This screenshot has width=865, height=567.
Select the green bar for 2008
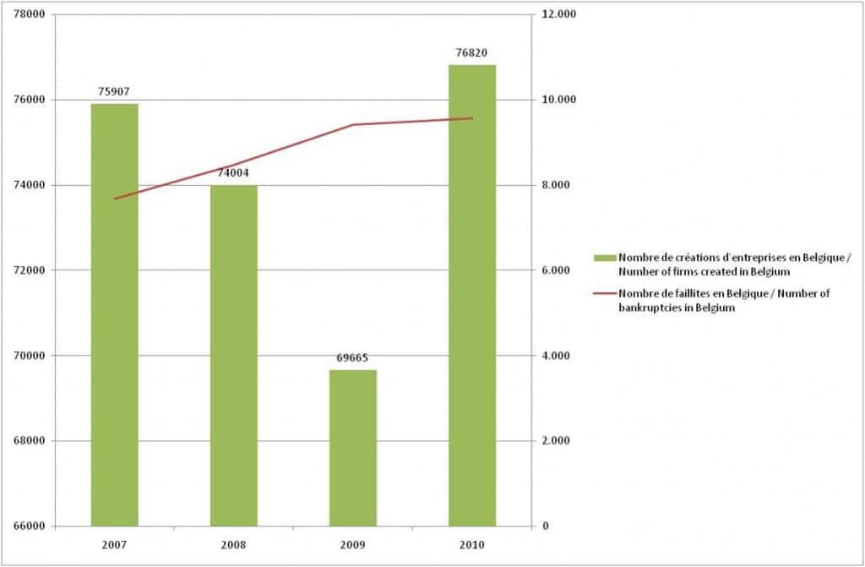pos(234,355)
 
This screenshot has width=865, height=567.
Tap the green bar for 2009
pos(353,448)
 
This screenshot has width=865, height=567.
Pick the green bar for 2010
pos(472,296)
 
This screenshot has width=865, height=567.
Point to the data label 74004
pos(234,173)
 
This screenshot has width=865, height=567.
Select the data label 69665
pos(353,358)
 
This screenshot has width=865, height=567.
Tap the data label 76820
pos(472,52)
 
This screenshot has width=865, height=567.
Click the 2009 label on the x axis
pos(353,544)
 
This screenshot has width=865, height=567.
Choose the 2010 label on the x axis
pos(472,544)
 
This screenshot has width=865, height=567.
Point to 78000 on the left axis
pos(30,15)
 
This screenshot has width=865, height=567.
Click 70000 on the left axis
pos(30,356)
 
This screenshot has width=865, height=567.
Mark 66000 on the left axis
pos(30,526)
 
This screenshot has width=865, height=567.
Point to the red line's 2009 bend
pos(353,125)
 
